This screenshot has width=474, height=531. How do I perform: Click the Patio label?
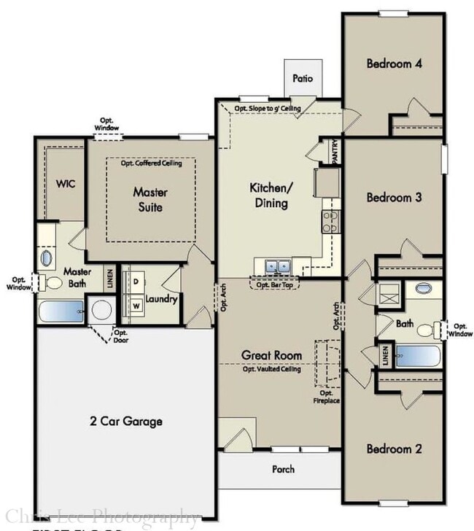(303, 78)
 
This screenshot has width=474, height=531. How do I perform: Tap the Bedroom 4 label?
(394, 63)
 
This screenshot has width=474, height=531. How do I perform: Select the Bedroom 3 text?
(394, 197)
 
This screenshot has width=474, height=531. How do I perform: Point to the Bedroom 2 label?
(394, 449)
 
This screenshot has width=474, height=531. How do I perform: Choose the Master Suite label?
(151, 200)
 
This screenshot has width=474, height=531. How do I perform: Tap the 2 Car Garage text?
(126, 421)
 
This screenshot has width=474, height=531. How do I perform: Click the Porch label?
(283, 469)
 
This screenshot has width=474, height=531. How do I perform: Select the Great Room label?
(271, 356)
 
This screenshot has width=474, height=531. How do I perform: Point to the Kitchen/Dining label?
(271, 195)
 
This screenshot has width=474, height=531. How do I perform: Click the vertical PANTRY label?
(335, 152)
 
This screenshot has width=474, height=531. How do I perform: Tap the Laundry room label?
(161, 299)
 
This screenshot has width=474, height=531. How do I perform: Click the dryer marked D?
(135, 281)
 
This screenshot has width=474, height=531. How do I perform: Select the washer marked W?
(135, 306)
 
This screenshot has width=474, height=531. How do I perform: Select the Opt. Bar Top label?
(274, 284)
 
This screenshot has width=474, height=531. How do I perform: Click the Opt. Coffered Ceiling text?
(151, 163)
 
